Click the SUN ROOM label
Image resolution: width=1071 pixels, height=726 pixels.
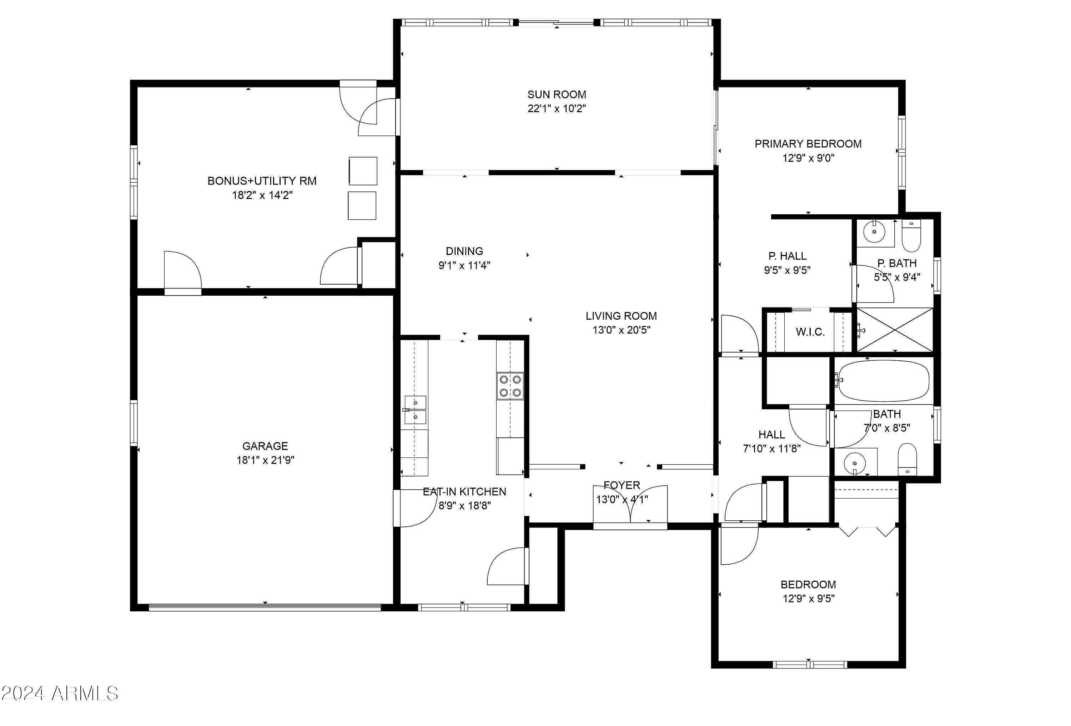tap(557, 95)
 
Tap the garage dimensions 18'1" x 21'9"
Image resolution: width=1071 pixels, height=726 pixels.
tap(266, 460)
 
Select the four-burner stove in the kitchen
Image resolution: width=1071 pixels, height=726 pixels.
tap(510, 386)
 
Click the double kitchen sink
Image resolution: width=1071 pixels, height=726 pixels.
tap(415, 410)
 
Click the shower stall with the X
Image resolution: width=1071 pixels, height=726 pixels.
tap(895, 330)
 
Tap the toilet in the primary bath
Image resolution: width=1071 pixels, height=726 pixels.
tap(911, 236)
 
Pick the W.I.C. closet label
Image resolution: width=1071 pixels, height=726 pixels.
tap(810, 332)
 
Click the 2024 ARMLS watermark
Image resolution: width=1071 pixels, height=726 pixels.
tap(60, 693)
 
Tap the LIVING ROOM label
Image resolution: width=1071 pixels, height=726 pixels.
tap(621, 316)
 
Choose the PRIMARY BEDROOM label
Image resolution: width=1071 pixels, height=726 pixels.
tap(808, 144)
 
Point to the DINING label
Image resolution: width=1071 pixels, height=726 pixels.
tap(464, 251)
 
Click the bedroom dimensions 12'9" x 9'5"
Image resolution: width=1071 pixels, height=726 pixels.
tap(808, 598)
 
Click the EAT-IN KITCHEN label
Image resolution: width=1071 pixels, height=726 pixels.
tap(464, 491)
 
